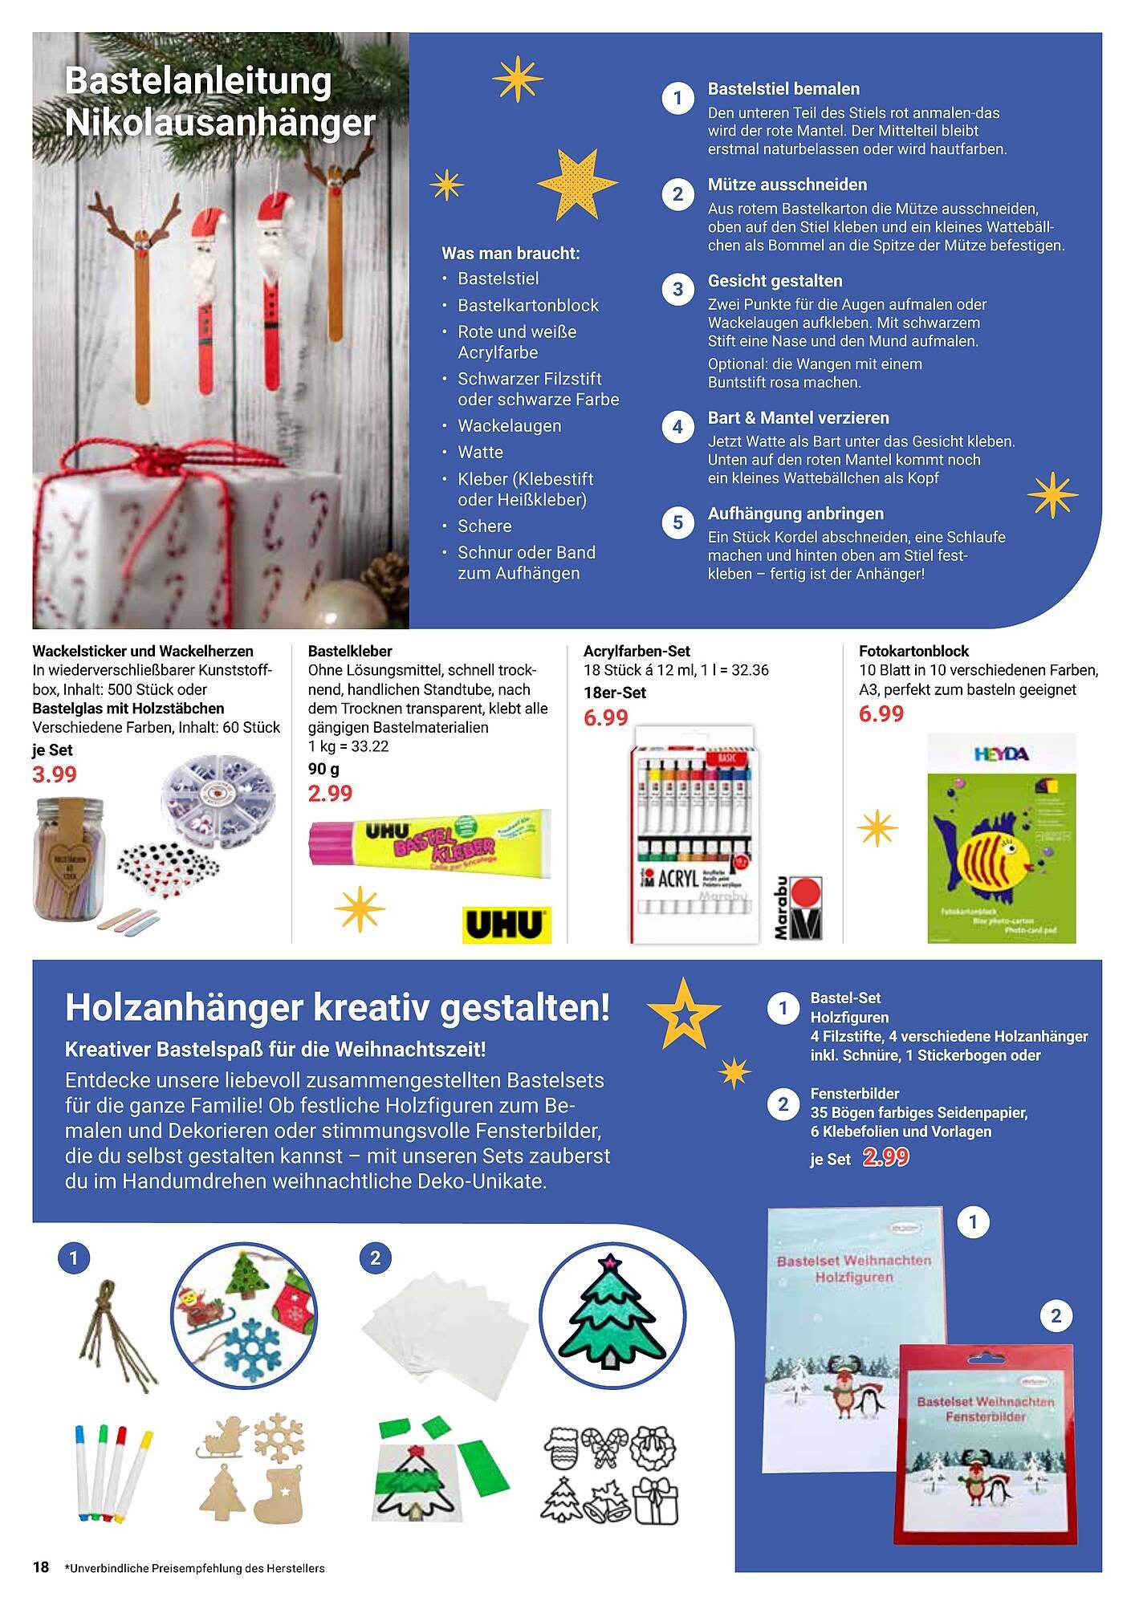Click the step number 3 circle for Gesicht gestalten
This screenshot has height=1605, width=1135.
[677, 290]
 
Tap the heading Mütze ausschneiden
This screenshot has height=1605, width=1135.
[787, 185]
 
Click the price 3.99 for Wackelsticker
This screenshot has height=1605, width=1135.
[55, 774]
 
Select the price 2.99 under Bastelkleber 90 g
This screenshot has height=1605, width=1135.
[330, 793]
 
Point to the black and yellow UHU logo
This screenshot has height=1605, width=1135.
[506, 924]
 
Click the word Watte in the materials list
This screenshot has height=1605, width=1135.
[480, 452]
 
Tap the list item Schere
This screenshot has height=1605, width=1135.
[484, 526]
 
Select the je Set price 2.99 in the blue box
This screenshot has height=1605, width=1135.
[886, 1157]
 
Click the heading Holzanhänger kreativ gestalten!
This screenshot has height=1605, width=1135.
[337, 1007]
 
